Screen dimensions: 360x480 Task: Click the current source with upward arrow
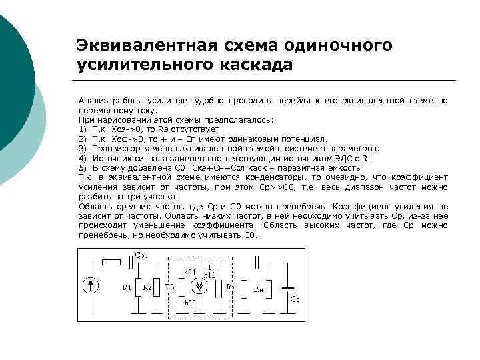pos(94,286)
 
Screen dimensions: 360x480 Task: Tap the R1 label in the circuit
pos(127,287)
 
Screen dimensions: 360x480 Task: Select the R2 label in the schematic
pos(147,287)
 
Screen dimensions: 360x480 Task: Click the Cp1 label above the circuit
pos(141,256)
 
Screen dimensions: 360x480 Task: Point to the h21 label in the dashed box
pos(190,272)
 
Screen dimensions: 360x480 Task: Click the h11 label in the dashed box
pos(191,303)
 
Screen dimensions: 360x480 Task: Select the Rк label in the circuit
pos(231,286)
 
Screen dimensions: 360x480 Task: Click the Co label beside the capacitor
pos(294,300)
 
